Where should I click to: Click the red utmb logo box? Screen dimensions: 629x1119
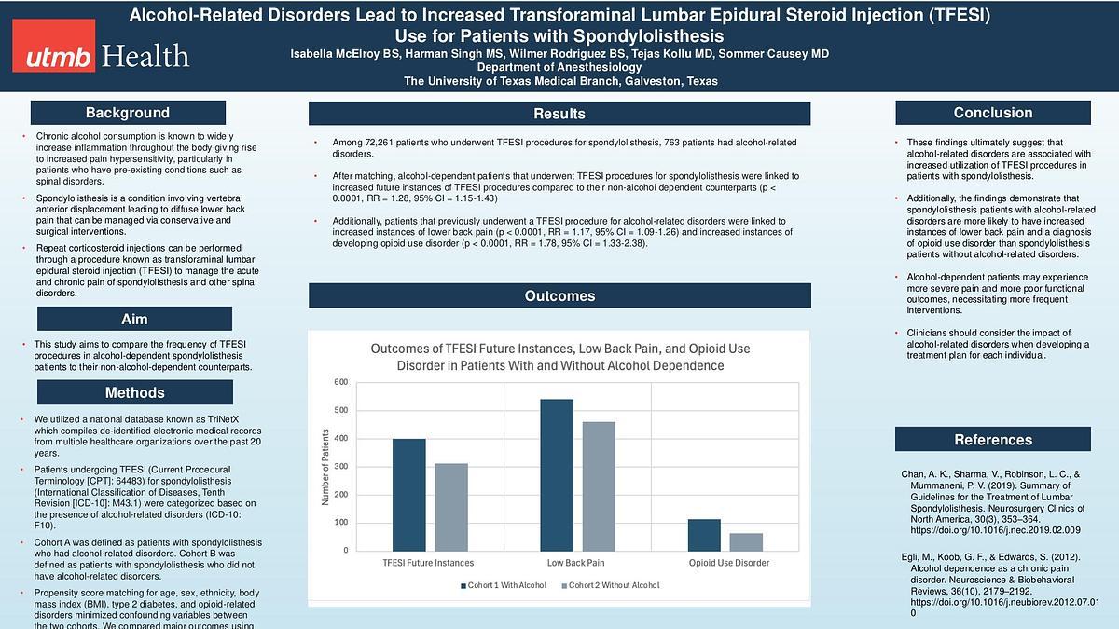(x=53, y=57)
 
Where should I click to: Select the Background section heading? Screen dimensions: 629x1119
(x=128, y=113)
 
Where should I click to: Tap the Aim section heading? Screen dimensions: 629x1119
(x=134, y=320)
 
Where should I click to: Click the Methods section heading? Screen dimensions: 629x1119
(x=134, y=392)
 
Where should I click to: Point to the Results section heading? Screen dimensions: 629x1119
(x=559, y=114)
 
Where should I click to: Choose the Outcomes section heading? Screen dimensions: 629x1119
(x=559, y=296)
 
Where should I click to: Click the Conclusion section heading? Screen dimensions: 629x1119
(x=993, y=113)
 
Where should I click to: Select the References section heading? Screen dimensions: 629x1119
(x=993, y=440)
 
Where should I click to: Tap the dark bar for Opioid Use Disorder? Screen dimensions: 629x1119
(x=704, y=534)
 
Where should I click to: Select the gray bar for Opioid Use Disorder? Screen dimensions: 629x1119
(x=746, y=541)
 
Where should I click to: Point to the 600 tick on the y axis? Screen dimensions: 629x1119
(x=340, y=382)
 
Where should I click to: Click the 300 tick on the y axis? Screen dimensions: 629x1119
(x=340, y=466)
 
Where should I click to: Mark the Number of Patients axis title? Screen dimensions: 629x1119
(x=325, y=466)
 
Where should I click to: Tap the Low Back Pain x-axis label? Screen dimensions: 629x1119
(x=575, y=563)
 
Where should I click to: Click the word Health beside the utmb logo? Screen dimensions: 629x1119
(x=147, y=57)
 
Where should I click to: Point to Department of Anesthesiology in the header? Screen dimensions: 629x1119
(x=560, y=68)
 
